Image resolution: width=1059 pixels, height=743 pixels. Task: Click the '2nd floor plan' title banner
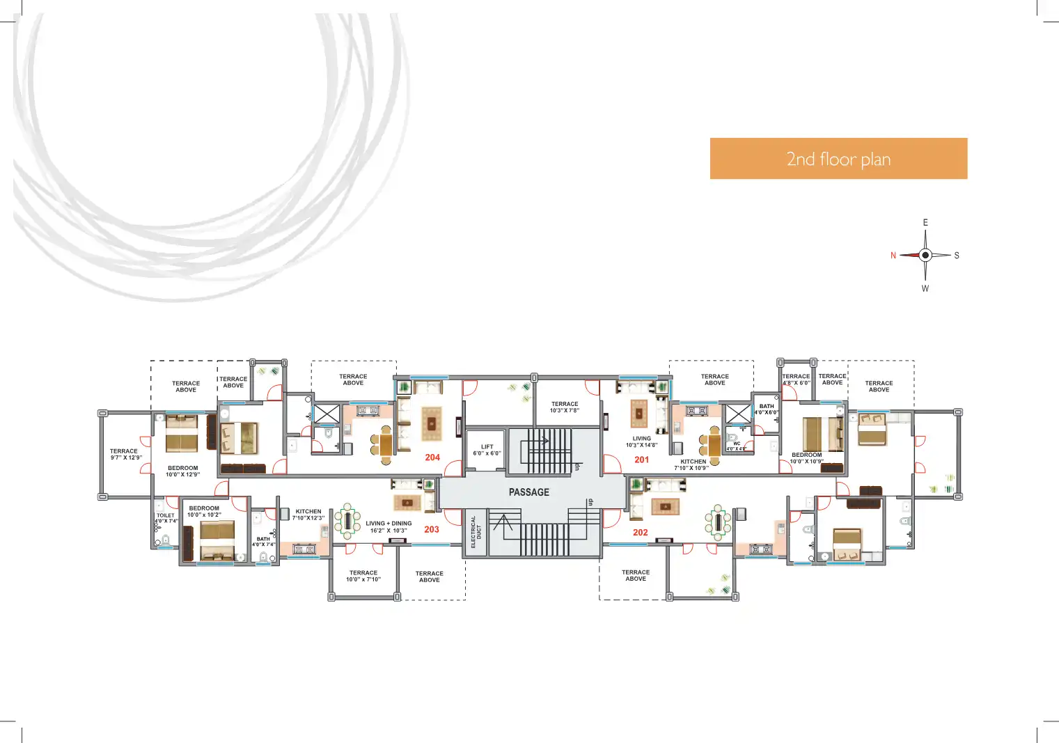pyautogui.click(x=838, y=159)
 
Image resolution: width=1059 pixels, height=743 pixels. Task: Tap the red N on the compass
pyautogui.click(x=893, y=256)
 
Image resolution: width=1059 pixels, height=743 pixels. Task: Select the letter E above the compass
pyautogui.click(x=925, y=223)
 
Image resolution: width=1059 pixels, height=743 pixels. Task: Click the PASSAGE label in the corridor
pyautogui.click(x=528, y=492)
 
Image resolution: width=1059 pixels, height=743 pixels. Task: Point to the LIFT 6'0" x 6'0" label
pyautogui.click(x=487, y=451)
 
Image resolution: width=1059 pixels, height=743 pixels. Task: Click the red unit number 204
pyautogui.click(x=432, y=457)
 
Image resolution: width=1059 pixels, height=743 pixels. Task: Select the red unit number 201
pyautogui.click(x=641, y=460)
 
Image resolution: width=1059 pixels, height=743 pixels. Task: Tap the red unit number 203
pyautogui.click(x=432, y=529)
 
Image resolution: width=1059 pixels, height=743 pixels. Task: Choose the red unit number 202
pyautogui.click(x=641, y=533)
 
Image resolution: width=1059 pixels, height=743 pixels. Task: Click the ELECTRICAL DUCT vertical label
pyautogui.click(x=476, y=532)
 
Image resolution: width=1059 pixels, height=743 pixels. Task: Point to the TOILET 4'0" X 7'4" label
pyautogui.click(x=166, y=518)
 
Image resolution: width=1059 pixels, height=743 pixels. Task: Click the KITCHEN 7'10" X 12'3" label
pyautogui.click(x=308, y=515)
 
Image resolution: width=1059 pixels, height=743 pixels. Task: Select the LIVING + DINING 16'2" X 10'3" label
pyautogui.click(x=389, y=527)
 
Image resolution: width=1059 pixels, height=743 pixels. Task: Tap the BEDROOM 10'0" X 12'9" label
pyautogui.click(x=182, y=471)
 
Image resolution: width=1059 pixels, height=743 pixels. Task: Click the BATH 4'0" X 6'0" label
pyautogui.click(x=766, y=409)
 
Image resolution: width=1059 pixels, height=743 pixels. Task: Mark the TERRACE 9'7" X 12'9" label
pyautogui.click(x=125, y=454)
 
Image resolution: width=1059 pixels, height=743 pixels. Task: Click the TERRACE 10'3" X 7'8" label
pyautogui.click(x=565, y=407)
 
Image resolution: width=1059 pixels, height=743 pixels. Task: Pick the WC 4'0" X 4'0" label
pyautogui.click(x=736, y=446)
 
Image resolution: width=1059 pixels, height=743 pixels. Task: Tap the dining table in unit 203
pyautogui.click(x=347, y=521)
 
